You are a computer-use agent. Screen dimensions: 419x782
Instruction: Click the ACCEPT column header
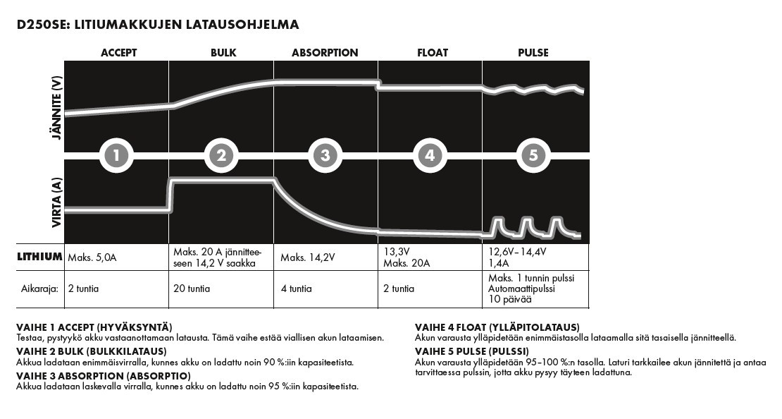click(x=118, y=53)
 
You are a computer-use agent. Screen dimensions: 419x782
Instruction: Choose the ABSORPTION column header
click(x=325, y=53)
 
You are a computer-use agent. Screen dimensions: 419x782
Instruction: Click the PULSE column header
click(x=533, y=53)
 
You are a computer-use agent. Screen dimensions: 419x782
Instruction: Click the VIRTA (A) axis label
click(x=57, y=202)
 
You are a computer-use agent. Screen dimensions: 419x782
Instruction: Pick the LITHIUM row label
click(x=39, y=257)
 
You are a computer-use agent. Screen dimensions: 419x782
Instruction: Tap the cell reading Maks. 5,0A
click(x=92, y=258)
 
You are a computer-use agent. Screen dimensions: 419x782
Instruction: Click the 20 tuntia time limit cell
click(x=192, y=289)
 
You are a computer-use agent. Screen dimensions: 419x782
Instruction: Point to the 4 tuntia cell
click(x=296, y=289)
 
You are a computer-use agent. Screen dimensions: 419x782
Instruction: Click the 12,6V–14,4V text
click(x=518, y=251)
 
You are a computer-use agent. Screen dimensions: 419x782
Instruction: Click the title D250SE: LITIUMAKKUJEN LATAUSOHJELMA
click(x=158, y=25)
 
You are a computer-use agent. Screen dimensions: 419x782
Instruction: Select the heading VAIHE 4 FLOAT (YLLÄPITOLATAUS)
click(x=497, y=327)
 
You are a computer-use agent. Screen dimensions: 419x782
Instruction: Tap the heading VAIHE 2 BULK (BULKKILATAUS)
click(x=92, y=351)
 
